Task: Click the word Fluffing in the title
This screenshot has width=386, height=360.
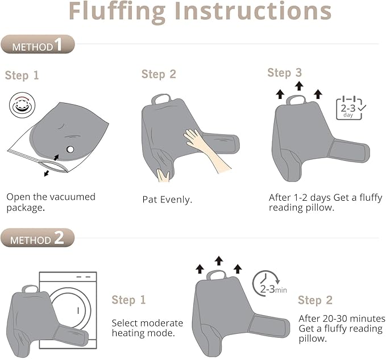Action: [x=117, y=13]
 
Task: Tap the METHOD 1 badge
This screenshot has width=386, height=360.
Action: [x=38, y=44]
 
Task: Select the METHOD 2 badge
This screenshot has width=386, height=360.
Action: [x=38, y=238]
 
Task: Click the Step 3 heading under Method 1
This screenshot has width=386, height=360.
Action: [x=284, y=73]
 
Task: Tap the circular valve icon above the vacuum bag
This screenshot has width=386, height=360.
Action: [x=22, y=105]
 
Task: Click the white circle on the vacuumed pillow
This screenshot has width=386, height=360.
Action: [x=70, y=149]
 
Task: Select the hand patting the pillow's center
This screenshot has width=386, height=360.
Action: [x=207, y=150]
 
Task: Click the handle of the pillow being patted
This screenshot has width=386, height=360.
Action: [x=161, y=98]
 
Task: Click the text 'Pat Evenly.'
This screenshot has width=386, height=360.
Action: [x=167, y=200]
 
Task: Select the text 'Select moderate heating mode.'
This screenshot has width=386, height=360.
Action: [x=147, y=328]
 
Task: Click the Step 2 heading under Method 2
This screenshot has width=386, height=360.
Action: [x=315, y=300]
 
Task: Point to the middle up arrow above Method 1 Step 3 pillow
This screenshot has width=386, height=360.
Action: [x=299, y=86]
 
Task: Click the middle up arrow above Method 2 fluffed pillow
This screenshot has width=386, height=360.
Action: [x=219, y=261]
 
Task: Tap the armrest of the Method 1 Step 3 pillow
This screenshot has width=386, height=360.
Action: [x=349, y=151]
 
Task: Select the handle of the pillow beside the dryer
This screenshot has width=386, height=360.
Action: [x=31, y=289]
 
